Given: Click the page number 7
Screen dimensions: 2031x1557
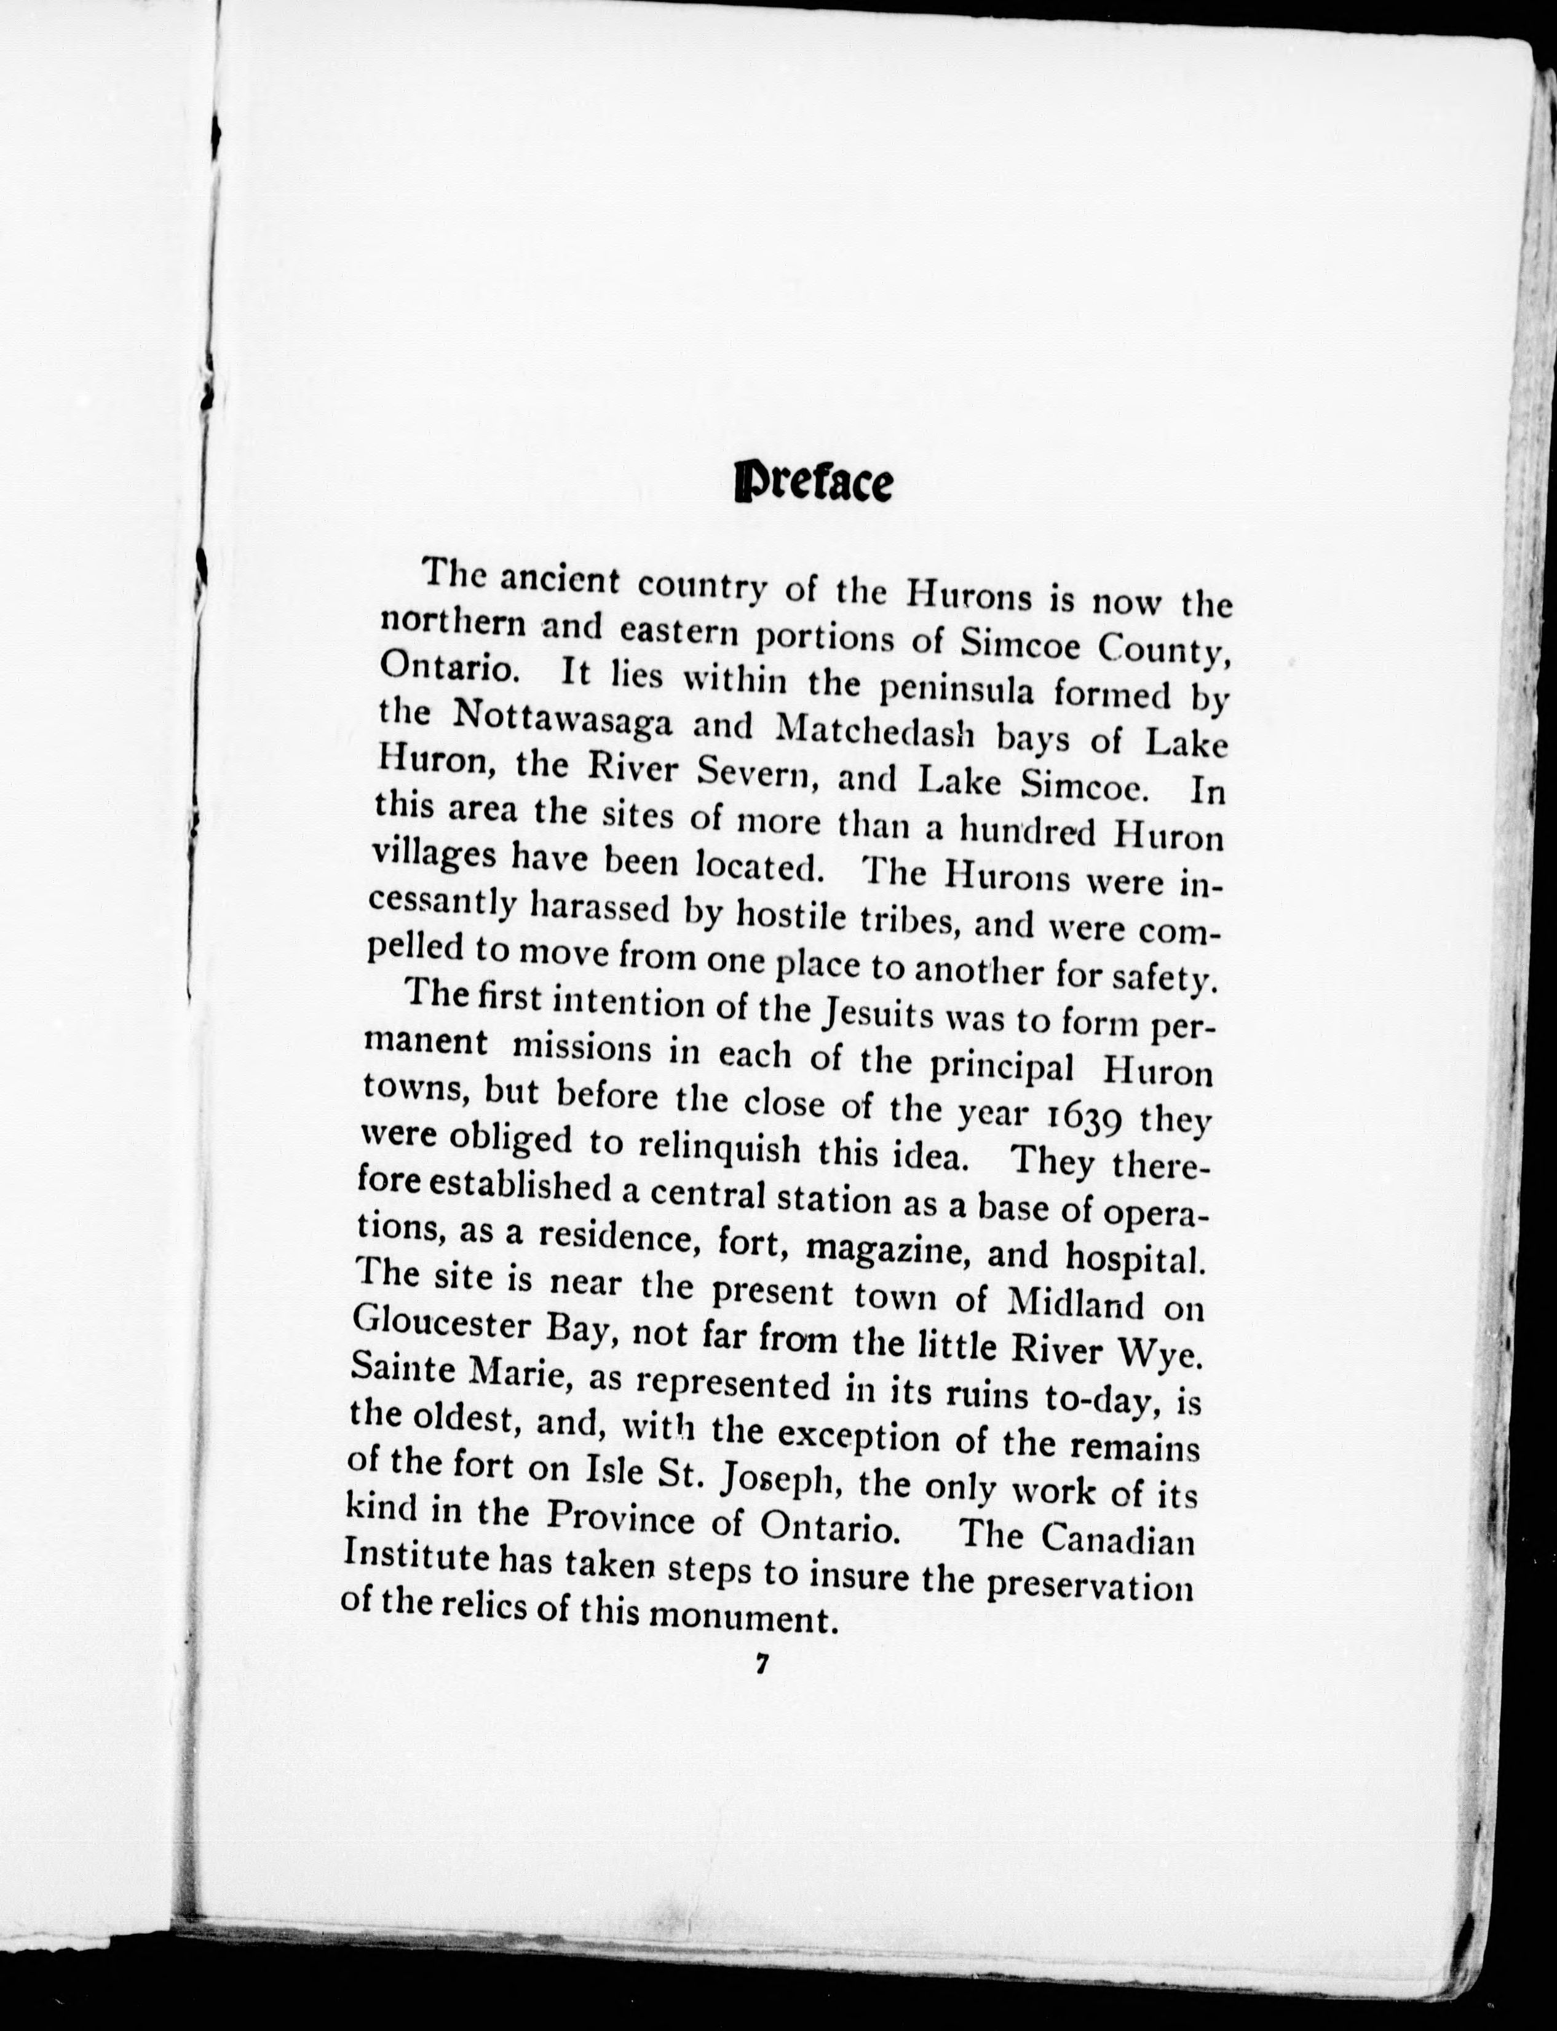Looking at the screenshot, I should [x=762, y=1663].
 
